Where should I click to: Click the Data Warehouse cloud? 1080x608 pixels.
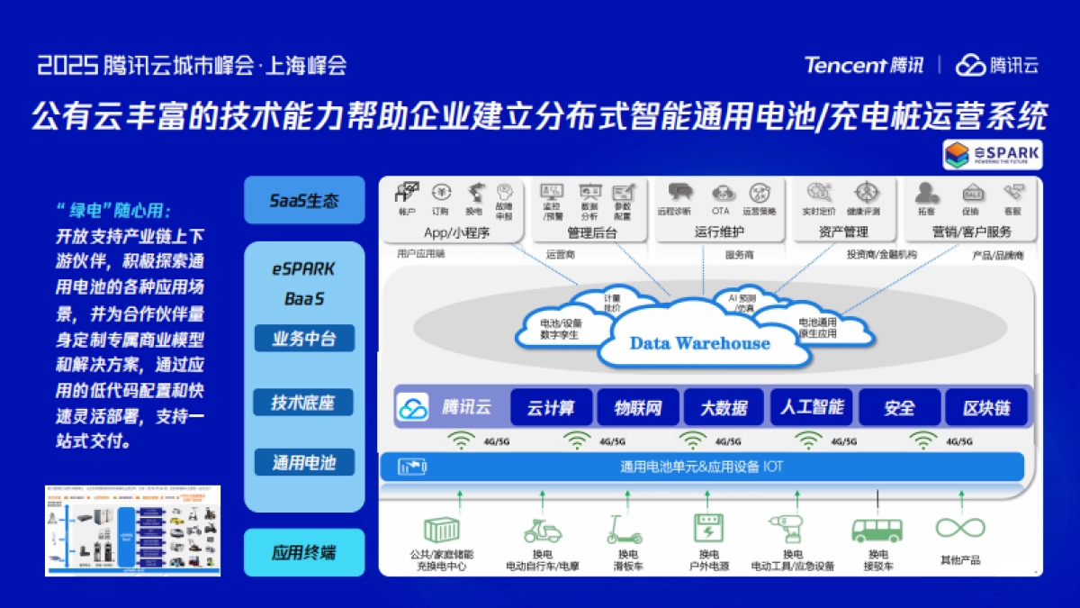[x=699, y=343]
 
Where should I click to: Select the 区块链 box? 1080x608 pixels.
[x=986, y=407]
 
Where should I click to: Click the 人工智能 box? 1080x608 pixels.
[x=812, y=407]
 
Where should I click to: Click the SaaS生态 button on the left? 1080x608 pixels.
[x=304, y=200]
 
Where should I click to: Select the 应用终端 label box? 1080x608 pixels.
[x=304, y=552]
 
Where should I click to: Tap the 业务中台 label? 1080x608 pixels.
[x=304, y=339]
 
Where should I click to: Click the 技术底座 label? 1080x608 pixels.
[x=304, y=402]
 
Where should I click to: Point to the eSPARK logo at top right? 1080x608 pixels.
[x=992, y=154]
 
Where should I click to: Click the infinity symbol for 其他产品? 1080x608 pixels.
[x=959, y=528]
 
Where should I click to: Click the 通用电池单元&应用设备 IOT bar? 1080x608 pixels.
[x=702, y=467]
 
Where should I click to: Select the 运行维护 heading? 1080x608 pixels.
[x=719, y=231]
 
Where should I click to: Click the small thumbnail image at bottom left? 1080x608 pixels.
[x=132, y=531]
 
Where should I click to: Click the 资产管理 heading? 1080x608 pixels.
[x=843, y=231]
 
